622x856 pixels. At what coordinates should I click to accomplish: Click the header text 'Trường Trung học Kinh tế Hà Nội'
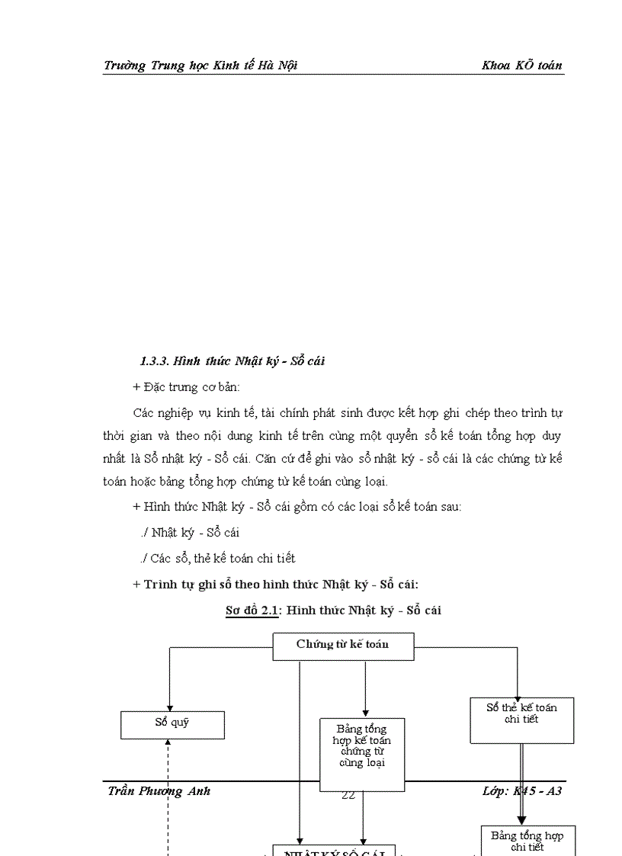click(200, 65)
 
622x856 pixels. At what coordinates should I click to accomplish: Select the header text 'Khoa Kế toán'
click(521, 65)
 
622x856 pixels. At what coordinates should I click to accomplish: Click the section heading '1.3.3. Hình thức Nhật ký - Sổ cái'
click(232, 361)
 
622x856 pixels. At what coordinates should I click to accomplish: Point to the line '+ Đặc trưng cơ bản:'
click(186, 387)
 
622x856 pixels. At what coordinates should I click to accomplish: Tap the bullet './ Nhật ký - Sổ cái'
click(190, 532)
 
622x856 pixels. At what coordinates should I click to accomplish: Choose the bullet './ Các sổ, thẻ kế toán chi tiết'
click(218, 558)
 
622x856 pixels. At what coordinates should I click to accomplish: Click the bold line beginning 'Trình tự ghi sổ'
click(276, 585)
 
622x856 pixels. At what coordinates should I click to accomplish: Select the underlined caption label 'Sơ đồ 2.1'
click(252, 610)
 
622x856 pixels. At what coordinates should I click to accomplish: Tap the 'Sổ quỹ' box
click(172, 724)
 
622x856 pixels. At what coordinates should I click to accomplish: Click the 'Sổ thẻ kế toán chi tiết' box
click(521, 720)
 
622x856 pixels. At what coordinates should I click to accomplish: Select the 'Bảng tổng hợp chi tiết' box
click(527, 840)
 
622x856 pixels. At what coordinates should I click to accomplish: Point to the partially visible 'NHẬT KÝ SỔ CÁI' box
click(334, 851)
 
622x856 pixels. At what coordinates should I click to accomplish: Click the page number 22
click(348, 795)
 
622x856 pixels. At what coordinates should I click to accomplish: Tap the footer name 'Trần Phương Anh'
click(159, 790)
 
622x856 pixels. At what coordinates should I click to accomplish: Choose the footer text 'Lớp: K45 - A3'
click(522, 790)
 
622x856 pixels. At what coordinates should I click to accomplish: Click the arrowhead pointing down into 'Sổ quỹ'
click(169, 707)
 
